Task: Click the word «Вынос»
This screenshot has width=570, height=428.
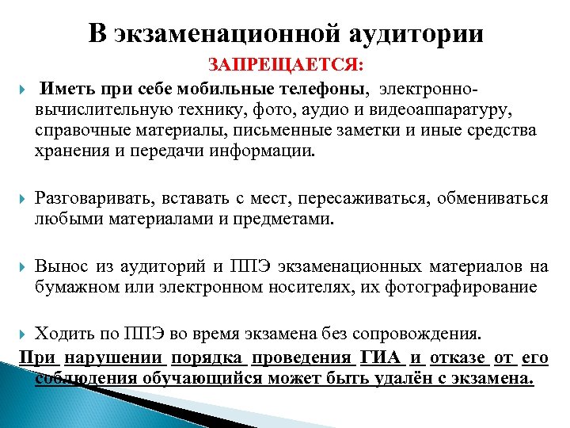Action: pos(63,266)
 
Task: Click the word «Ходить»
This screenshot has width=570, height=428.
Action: pos(66,334)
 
